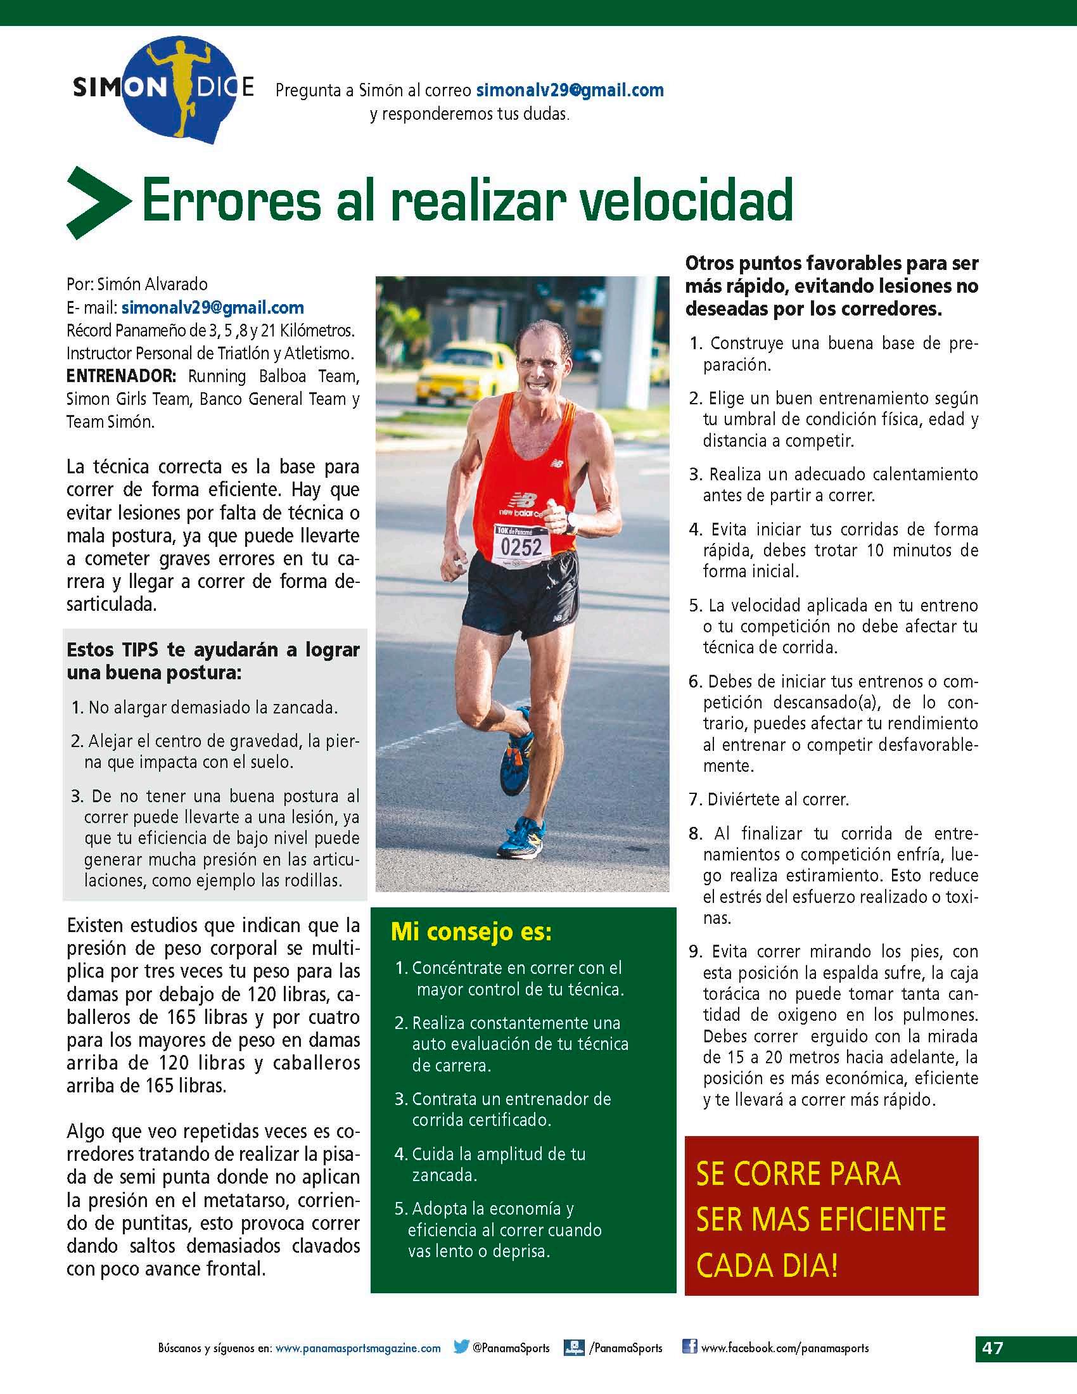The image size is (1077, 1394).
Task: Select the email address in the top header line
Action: pos(570,90)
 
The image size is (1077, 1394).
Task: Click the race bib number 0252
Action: pos(521,546)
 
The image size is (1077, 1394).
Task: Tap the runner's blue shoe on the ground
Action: pos(520,837)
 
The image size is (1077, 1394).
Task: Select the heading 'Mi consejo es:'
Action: pos(471,933)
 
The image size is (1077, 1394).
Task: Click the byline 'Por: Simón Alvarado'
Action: pos(137,284)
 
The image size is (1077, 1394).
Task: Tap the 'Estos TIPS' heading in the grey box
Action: pos(213,661)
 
